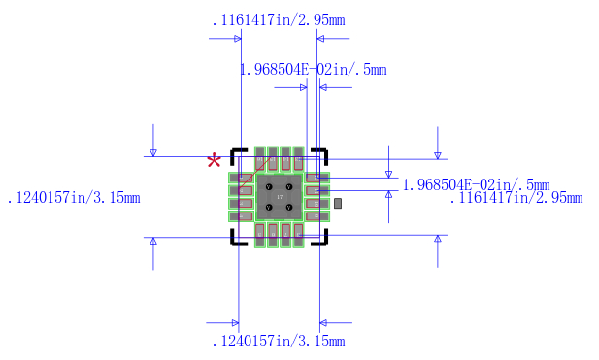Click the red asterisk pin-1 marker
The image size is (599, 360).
(x=214, y=162)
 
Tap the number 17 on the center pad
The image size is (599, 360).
(x=280, y=197)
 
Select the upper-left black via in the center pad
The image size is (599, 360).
(x=268, y=186)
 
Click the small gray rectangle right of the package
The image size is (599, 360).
(x=338, y=204)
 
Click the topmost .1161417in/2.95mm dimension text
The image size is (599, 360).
(x=278, y=20)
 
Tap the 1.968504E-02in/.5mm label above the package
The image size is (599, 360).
(x=313, y=69)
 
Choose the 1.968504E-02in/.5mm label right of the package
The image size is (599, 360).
(x=476, y=184)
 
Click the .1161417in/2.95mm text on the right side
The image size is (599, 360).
(x=516, y=198)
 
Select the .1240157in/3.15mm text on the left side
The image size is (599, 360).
(x=74, y=198)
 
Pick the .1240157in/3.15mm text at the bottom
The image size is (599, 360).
(x=278, y=342)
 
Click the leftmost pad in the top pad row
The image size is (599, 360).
(x=260, y=158)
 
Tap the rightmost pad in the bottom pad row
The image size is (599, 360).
(x=298, y=234)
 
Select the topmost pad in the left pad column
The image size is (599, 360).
(x=240, y=178)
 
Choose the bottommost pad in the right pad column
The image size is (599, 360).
(x=317, y=215)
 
